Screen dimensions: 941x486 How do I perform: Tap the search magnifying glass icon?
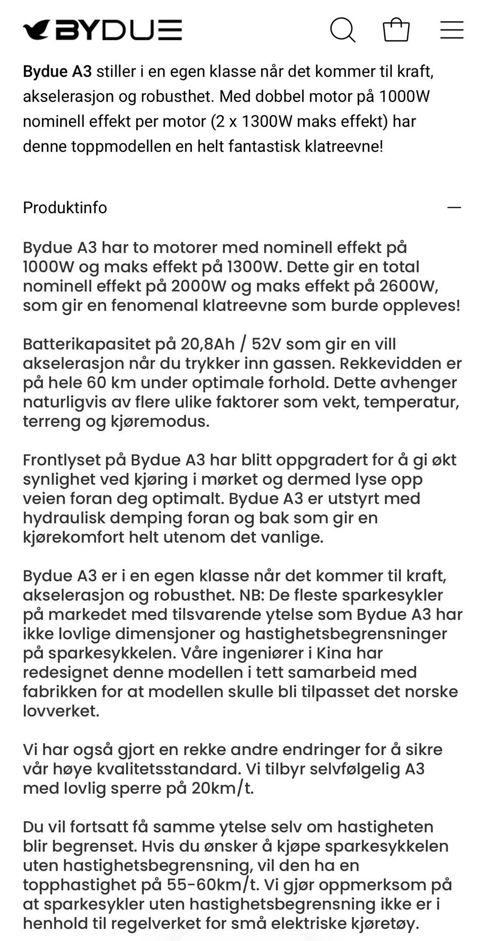coord(343,30)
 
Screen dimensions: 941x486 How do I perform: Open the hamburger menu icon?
coord(452,30)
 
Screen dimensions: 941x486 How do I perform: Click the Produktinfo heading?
coord(65,208)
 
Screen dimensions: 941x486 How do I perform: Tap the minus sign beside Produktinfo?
coord(454,208)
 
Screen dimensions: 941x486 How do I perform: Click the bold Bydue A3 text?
coord(57,71)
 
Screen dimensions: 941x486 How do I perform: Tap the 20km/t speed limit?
coord(222,788)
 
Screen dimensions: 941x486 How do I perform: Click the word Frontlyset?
coord(61,460)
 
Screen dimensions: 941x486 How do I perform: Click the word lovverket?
coord(61,711)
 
